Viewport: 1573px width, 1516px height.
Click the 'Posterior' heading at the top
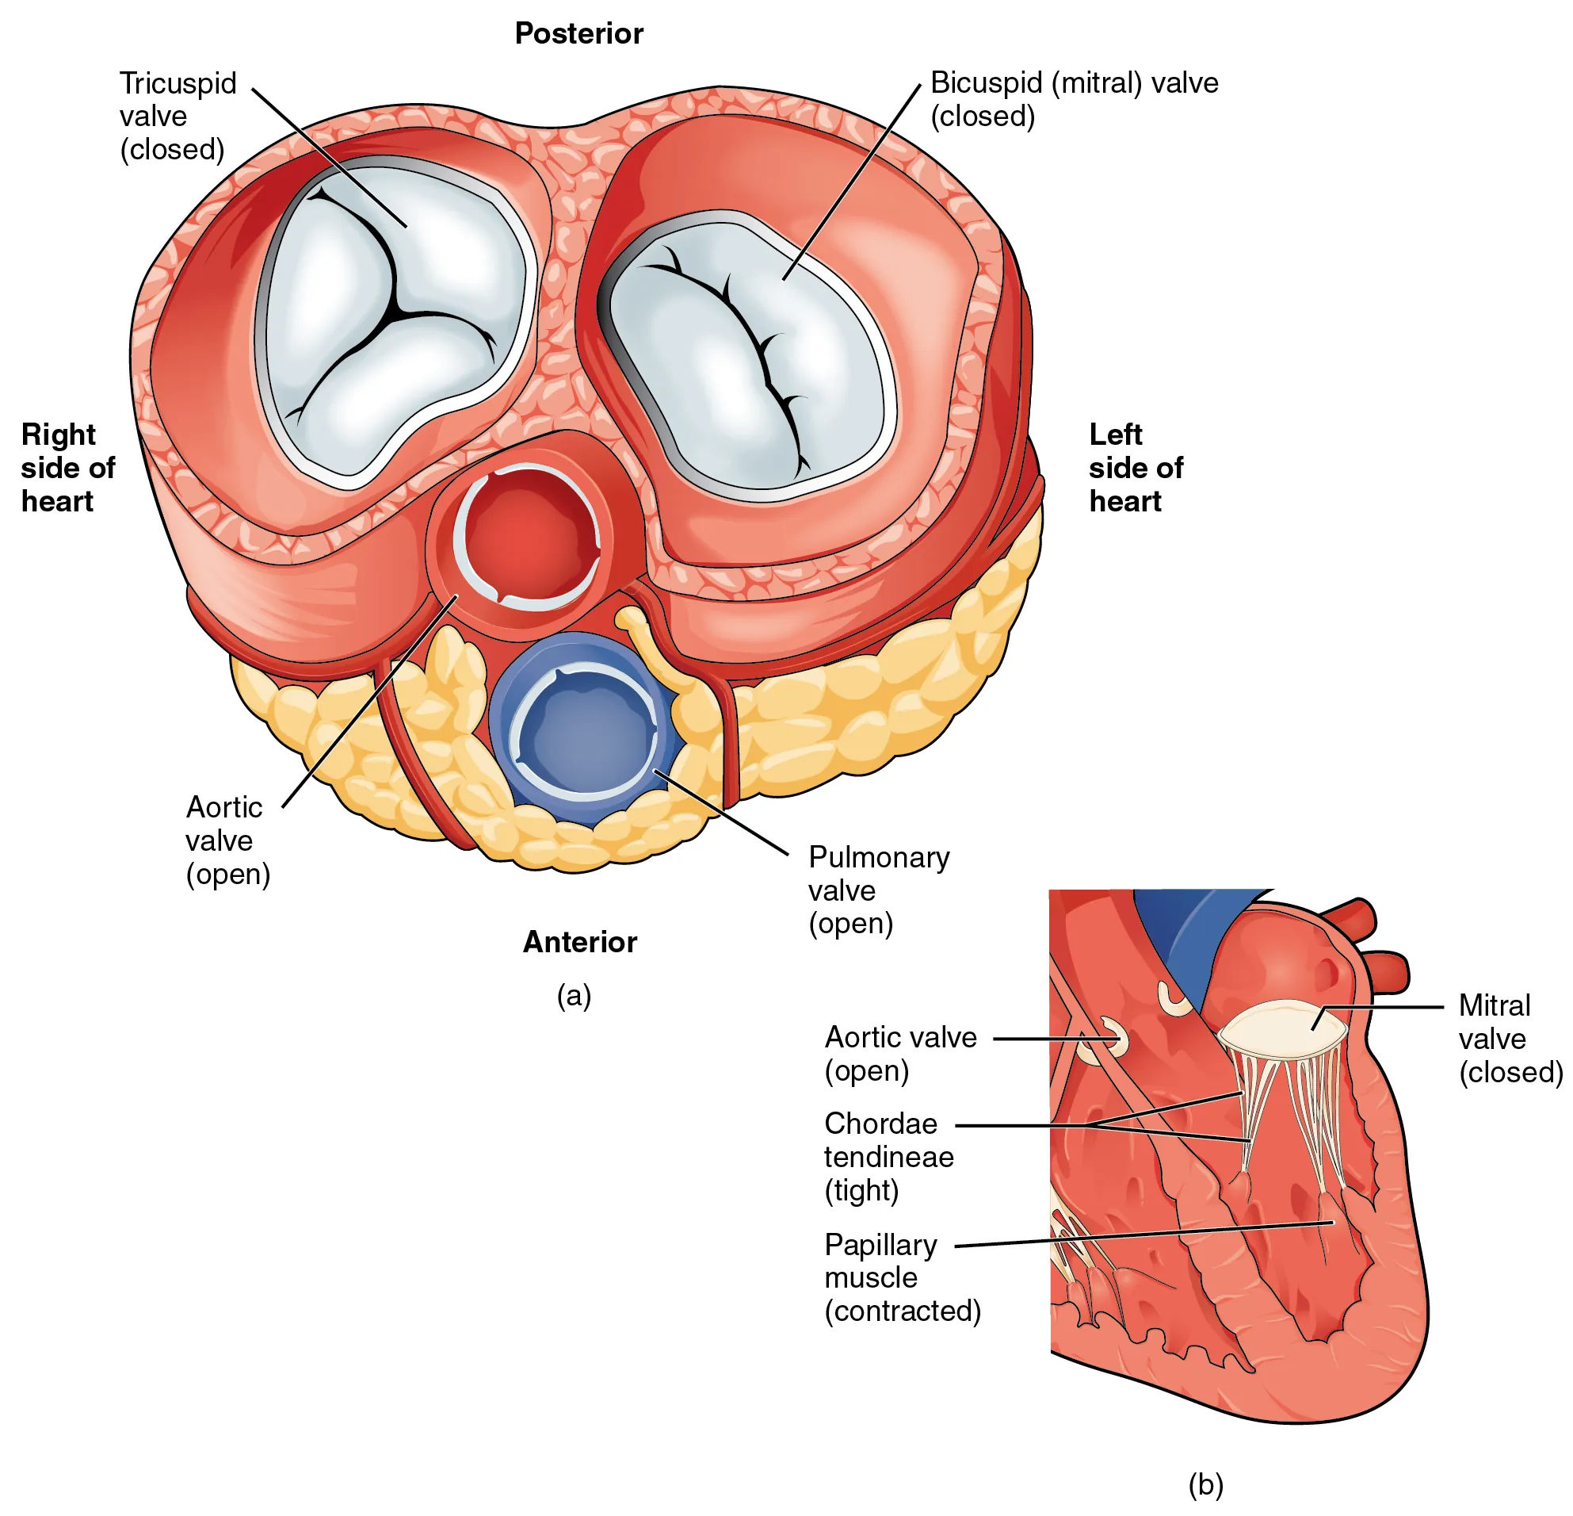point(578,34)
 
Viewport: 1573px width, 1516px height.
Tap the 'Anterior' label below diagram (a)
point(579,942)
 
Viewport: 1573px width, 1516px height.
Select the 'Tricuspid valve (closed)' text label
point(178,117)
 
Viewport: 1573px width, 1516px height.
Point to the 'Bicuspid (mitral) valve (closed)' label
point(1074,100)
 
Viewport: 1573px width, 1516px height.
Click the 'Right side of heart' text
point(67,467)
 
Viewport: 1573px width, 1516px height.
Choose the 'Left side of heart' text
point(1135,467)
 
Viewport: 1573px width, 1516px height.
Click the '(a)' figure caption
point(574,996)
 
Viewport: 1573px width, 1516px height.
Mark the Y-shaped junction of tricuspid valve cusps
point(394,310)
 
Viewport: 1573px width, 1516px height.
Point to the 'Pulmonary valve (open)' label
point(878,890)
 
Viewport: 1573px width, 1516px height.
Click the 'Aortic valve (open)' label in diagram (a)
point(227,840)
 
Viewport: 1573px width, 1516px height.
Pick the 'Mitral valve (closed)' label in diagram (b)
point(1509,1038)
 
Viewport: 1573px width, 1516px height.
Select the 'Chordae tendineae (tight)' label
point(888,1156)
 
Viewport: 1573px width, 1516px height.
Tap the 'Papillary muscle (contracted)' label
point(901,1277)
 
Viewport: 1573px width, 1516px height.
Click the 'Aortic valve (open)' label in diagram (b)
point(899,1054)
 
